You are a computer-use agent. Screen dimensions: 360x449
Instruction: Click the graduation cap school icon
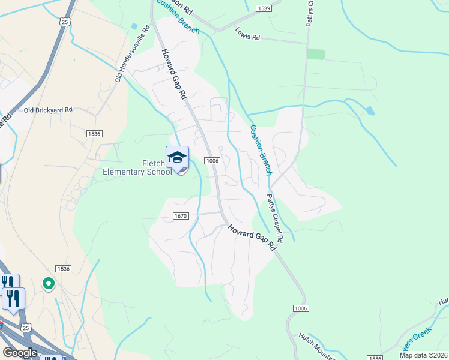pyautogui.click(x=177, y=158)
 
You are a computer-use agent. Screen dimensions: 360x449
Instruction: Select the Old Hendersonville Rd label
pyautogui.click(x=133, y=55)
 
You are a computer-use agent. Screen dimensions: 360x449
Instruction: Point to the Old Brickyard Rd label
pyautogui.click(x=48, y=110)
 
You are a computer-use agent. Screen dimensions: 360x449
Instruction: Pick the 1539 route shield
pyautogui.click(x=263, y=8)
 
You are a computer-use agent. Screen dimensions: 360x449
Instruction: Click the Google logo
pyautogui.click(x=20, y=353)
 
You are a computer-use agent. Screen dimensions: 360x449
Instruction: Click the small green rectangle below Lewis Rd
pyautogui.click(x=316, y=54)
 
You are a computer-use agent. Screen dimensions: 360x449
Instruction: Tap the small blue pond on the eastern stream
pyautogui.click(x=370, y=111)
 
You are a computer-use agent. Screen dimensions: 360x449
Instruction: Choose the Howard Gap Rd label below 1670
pyautogui.click(x=256, y=236)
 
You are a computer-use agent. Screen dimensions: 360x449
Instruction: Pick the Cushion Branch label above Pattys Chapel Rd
pyautogui.click(x=261, y=150)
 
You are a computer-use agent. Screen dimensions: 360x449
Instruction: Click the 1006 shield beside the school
pyautogui.click(x=212, y=161)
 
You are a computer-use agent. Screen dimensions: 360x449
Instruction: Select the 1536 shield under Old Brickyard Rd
pyautogui.click(x=94, y=133)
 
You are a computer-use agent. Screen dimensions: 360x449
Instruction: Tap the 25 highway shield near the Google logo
pyautogui.click(x=25, y=327)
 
